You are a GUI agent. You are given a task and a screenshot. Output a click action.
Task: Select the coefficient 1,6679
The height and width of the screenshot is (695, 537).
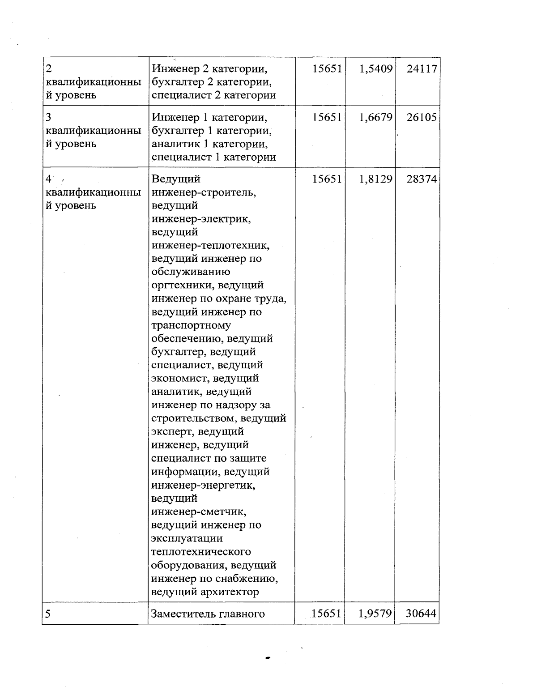point(375,117)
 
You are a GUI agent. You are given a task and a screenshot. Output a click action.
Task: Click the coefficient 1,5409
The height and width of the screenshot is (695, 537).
point(375,69)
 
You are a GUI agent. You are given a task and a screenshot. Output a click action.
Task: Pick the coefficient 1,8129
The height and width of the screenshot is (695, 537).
point(375,179)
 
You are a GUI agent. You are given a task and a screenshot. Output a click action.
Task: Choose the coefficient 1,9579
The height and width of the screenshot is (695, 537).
point(375,614)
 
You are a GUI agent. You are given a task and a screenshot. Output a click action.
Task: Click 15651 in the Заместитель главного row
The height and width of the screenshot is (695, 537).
point(326,614)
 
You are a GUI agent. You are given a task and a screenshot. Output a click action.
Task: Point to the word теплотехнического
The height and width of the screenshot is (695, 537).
point(201,552)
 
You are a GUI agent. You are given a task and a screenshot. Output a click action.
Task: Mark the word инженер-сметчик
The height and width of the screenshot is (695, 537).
point(199,512)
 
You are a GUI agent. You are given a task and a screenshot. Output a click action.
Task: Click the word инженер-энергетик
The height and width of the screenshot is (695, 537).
point(205,485)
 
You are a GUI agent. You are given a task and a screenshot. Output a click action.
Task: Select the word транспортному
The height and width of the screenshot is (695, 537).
point(191,325)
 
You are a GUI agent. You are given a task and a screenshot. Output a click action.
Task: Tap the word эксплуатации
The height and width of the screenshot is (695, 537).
point(187,538)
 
